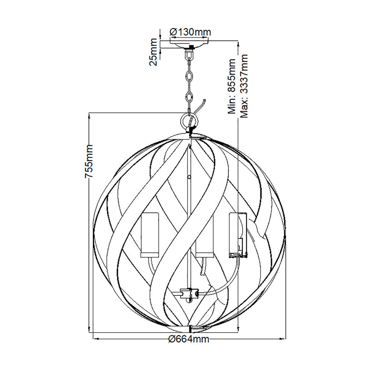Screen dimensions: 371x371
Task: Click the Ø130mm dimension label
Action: [190, 32]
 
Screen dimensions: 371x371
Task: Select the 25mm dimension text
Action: [154, 52]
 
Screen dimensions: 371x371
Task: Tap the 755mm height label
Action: [89, 161]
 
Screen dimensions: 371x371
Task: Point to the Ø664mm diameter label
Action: [189, 339]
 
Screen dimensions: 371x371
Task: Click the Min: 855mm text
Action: [232, 86]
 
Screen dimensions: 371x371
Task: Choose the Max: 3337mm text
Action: [244, 86]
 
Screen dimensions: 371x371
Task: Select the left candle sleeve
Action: [150, 235]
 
